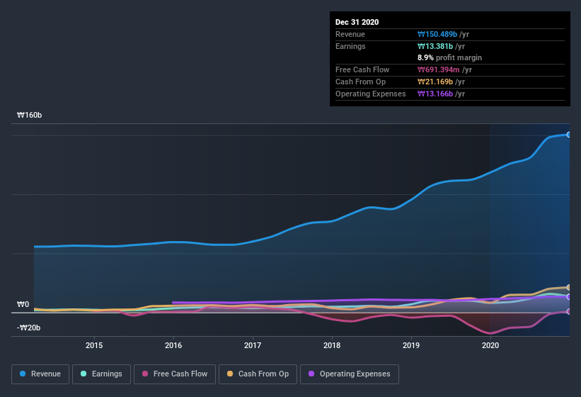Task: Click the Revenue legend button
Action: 40,374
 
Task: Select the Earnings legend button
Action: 101,374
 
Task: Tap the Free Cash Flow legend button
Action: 175,374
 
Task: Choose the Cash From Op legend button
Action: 258,374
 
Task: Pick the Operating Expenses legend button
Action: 349,374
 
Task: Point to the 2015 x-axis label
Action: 94,345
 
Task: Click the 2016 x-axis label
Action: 173,345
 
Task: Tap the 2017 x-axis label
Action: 253,345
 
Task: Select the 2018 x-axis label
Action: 332,345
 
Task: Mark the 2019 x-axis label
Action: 411,345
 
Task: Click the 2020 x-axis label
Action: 490,345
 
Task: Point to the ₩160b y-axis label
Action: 29,115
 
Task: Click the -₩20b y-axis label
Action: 29,328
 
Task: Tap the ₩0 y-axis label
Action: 23,304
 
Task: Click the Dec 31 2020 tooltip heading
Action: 357,22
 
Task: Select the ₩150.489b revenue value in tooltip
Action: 442,34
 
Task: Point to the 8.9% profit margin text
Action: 450,57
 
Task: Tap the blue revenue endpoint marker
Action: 569,134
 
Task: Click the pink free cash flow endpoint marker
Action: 569,311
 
